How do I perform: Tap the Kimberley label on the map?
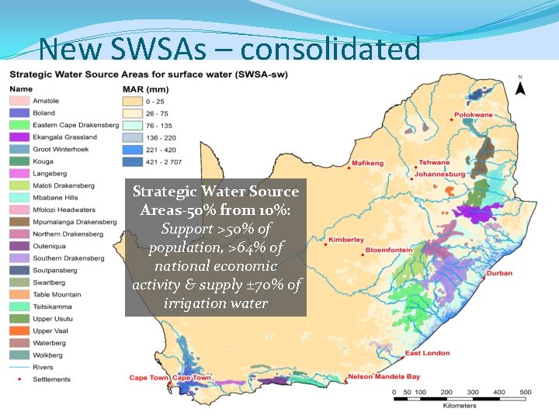coord(346,240)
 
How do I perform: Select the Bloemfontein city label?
coord(389,250)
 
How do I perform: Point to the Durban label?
coord(500,273)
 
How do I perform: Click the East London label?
coord(427,353)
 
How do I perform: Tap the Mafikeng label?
coord(368,164)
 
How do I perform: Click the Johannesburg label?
coord(439,175)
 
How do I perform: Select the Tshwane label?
coord(434,163)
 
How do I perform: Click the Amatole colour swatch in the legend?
coord(19,101)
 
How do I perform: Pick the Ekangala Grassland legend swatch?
coord(19,137)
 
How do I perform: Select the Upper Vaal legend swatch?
coord(19,331)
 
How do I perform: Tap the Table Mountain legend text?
coord(57,295)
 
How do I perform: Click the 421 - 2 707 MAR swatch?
coord(133,161)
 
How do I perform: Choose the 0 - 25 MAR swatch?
coord(133,101)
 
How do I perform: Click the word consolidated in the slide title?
coord(331,49)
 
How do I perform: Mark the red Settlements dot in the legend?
coord(19,379)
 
